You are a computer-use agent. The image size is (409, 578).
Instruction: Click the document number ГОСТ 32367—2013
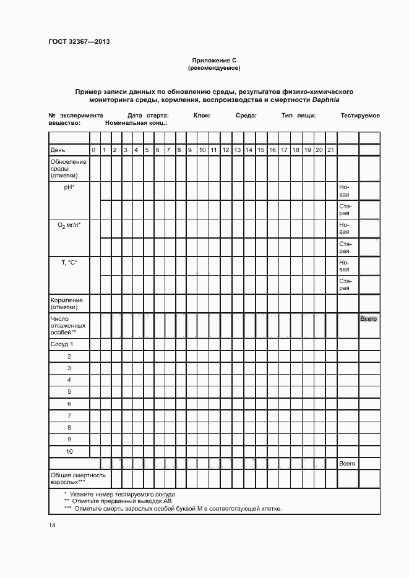79,42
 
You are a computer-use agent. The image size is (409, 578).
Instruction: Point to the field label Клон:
202,116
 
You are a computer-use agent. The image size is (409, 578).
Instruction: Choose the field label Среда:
246,116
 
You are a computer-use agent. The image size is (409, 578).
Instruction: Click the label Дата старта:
149,116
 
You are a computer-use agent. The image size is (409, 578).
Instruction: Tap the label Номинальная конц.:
136,123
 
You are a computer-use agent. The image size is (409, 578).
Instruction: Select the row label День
58,150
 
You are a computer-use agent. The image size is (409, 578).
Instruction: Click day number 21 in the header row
330,150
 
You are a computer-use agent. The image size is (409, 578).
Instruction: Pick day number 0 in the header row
93,150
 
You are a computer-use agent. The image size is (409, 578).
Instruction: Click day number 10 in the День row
202,150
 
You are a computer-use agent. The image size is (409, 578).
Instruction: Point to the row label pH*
69,187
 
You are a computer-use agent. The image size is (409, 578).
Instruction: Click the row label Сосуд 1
62,344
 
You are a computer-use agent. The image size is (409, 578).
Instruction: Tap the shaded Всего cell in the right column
369,318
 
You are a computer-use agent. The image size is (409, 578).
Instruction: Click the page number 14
52,525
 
